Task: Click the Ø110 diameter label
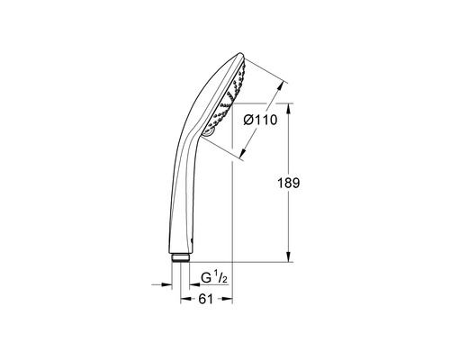261,120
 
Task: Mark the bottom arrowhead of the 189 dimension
287,257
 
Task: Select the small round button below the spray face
208,132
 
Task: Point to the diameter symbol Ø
249,120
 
